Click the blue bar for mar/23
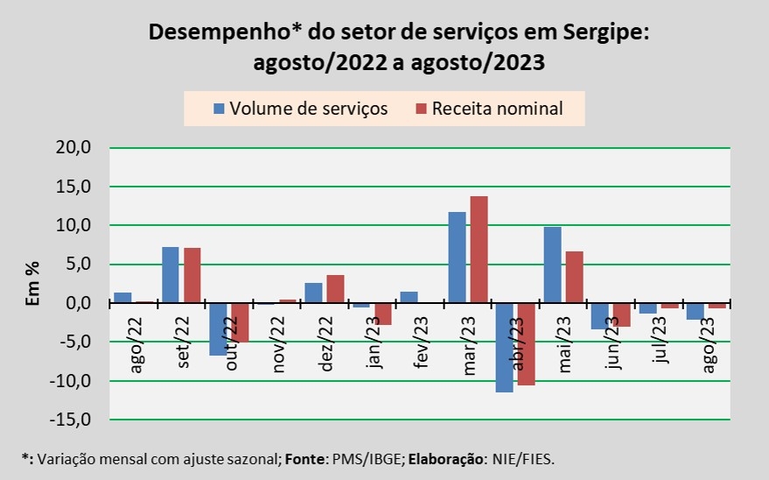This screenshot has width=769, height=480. click(457, 258)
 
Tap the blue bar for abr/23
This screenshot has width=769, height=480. click(504, 348)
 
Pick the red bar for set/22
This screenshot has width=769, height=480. click(192, 275)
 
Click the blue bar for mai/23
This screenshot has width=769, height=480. click(552, 265)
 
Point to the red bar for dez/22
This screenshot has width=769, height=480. click(335, 289)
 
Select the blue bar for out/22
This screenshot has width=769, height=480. click(218, 329)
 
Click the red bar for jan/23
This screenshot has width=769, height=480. click(382, 314)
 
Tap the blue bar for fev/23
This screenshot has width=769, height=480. click(409, 297)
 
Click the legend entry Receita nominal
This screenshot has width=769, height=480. click(497, 109)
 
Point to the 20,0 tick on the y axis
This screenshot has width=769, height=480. click(73, 148)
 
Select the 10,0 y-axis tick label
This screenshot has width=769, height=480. click(73, 226)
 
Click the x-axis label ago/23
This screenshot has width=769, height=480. click(707, 346)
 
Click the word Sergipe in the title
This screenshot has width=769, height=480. click(604, 32)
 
